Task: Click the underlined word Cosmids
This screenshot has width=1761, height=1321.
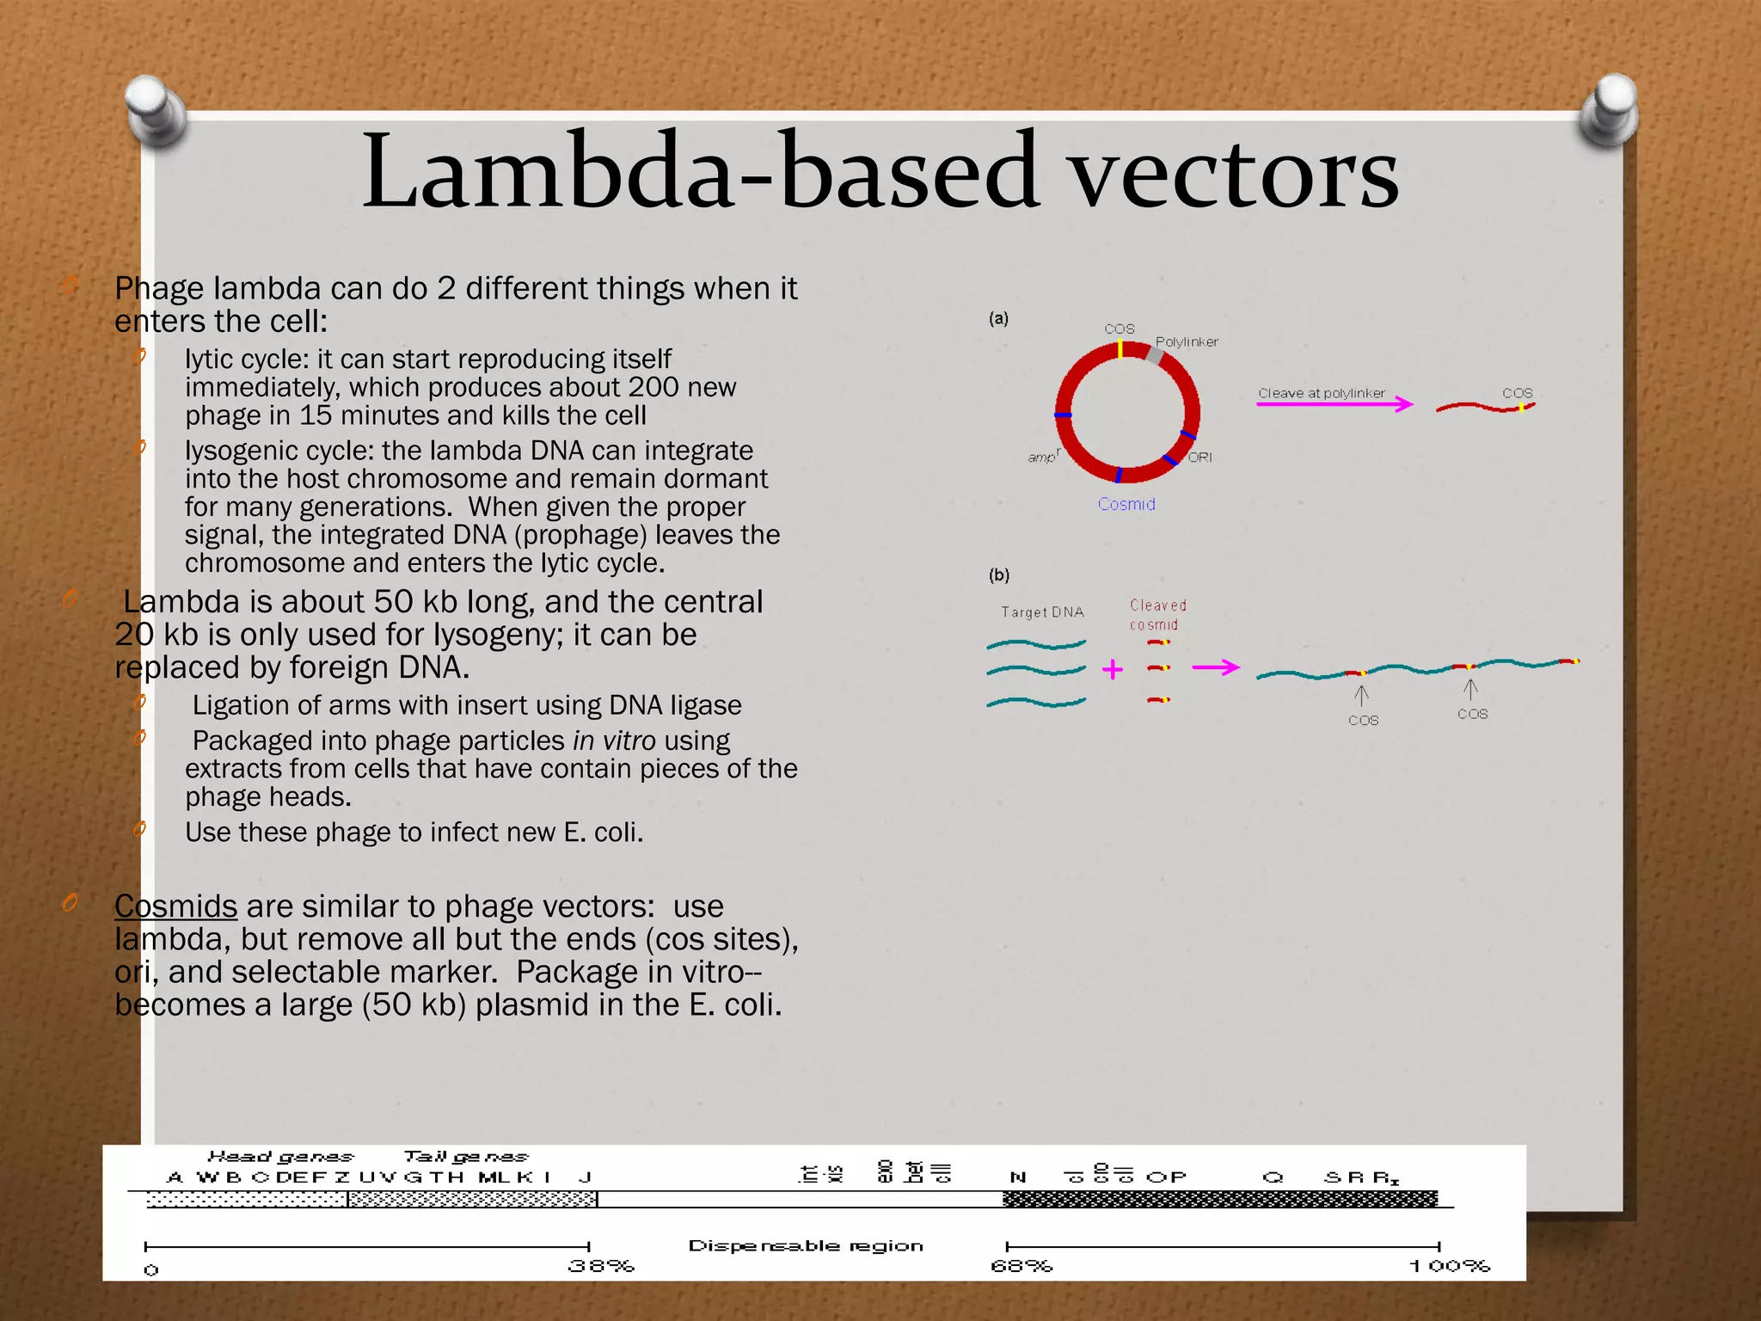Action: click(x=175, y=906)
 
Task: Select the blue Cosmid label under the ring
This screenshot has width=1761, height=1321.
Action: click(x=1126, y=504)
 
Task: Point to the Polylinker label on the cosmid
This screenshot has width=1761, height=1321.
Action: click(x=1186, y=341)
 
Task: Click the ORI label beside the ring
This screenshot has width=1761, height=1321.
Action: click(x=1200, y=457)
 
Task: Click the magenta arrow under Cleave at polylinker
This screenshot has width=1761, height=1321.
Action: click(x=1335, y=404)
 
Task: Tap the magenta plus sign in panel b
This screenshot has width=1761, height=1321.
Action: click(x=1113, y=669)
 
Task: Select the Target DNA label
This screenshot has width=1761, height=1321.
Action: click(x=1042, y=612)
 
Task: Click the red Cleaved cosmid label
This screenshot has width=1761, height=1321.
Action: click(x=1157, y=615)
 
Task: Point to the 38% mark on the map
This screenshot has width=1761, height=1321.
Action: click(x=600, y=1266)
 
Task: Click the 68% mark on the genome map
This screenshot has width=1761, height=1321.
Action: click(x=1021, y=1266)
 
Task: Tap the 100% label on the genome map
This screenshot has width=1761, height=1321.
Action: click(x=1449, y=1266)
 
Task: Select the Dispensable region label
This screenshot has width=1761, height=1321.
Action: click(x=805, y=1245)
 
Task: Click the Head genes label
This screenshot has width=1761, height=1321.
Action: click(x=280, y=1157)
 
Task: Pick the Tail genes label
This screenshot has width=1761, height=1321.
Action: click(x=465, y=1157)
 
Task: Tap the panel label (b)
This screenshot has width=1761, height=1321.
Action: click(x=998, y=574)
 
